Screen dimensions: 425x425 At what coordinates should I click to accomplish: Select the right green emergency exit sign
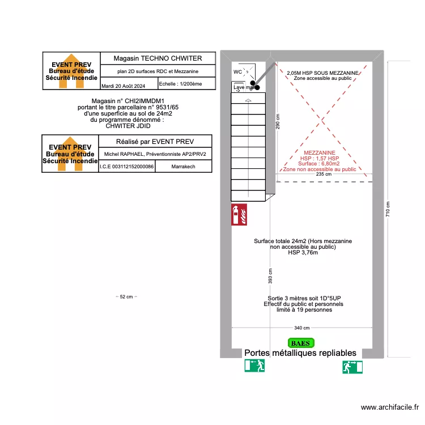click(x=352, y=367)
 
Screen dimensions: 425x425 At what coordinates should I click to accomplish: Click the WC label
click(x=238, y=72)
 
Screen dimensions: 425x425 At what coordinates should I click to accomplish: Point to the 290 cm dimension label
click(x=278, y=121)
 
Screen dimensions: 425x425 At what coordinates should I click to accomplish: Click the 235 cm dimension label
click(x=324, y=175)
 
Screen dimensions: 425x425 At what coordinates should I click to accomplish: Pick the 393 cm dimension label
click(x=270, y=276)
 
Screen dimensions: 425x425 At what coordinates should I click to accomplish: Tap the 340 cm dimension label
click(x=301, y=328)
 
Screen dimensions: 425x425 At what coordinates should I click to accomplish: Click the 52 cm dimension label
click(x=126, y=296)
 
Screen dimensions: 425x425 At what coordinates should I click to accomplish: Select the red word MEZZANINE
click(x=320, y=153)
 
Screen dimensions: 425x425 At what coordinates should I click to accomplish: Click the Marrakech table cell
click(x=183, y=167)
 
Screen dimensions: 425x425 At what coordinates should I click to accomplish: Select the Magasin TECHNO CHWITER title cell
click(x=157, y=58)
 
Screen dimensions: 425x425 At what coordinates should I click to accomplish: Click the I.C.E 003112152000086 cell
click(x=126, y=167)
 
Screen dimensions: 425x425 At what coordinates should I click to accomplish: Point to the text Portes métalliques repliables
click(x=300, y=353)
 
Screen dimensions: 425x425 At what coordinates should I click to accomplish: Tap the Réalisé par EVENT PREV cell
click(x=155, y=141)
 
